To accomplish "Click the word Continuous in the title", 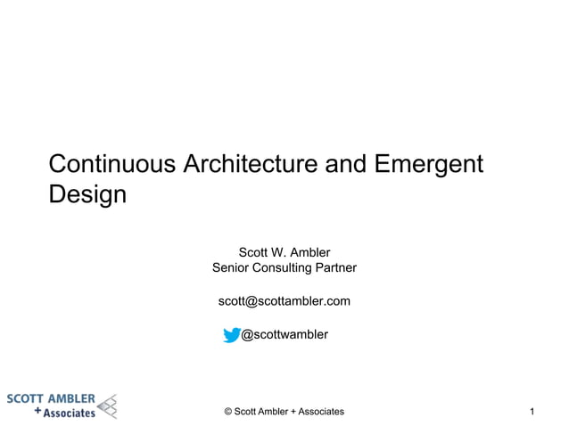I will click(112, 165).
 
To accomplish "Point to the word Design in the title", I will click(87, 194).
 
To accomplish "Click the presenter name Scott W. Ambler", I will click(284, 252).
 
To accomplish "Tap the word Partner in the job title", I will click(334, 268).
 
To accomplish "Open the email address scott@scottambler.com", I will click(284, 301).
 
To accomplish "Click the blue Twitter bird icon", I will click(232, 335).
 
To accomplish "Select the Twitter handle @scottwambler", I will click(284, 334).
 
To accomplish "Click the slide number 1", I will click(532, 411).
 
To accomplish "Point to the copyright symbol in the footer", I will click(228, 411).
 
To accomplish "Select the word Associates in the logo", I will click(70, 413).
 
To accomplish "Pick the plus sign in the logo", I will click(37, 413).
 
